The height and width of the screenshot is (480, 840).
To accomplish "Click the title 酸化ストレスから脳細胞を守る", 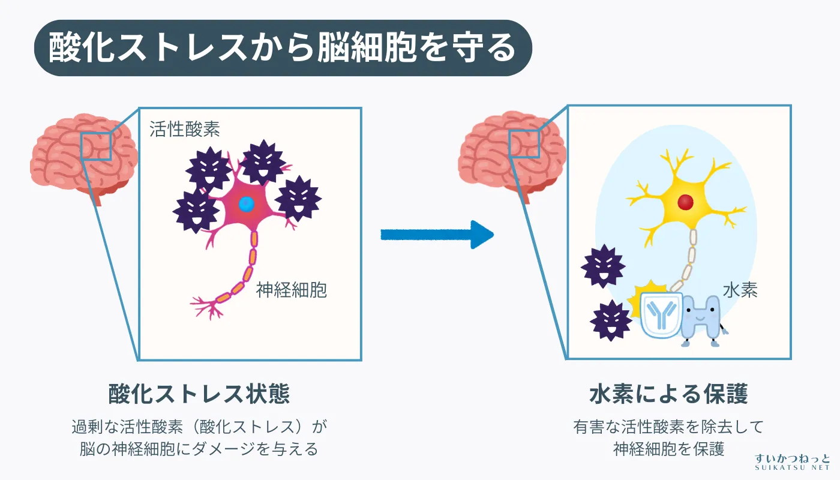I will [282, 48].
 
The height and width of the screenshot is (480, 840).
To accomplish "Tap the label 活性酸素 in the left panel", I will [185, 129].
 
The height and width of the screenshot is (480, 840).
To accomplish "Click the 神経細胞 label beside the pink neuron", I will [292, 290].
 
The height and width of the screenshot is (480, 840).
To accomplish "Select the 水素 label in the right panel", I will [740, 290].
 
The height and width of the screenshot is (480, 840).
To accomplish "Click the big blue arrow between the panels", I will [436, 234].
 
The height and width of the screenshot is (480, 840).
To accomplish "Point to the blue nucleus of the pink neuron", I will [245, 204].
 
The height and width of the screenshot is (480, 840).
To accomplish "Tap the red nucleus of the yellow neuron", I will [686, 202].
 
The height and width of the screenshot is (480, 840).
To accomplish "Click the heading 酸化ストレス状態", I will [199, 394].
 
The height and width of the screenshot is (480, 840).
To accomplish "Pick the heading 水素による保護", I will [668, 394].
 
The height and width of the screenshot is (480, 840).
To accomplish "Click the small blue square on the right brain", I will [524, 144].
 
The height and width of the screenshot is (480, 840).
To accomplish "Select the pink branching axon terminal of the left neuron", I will [207, 307].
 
